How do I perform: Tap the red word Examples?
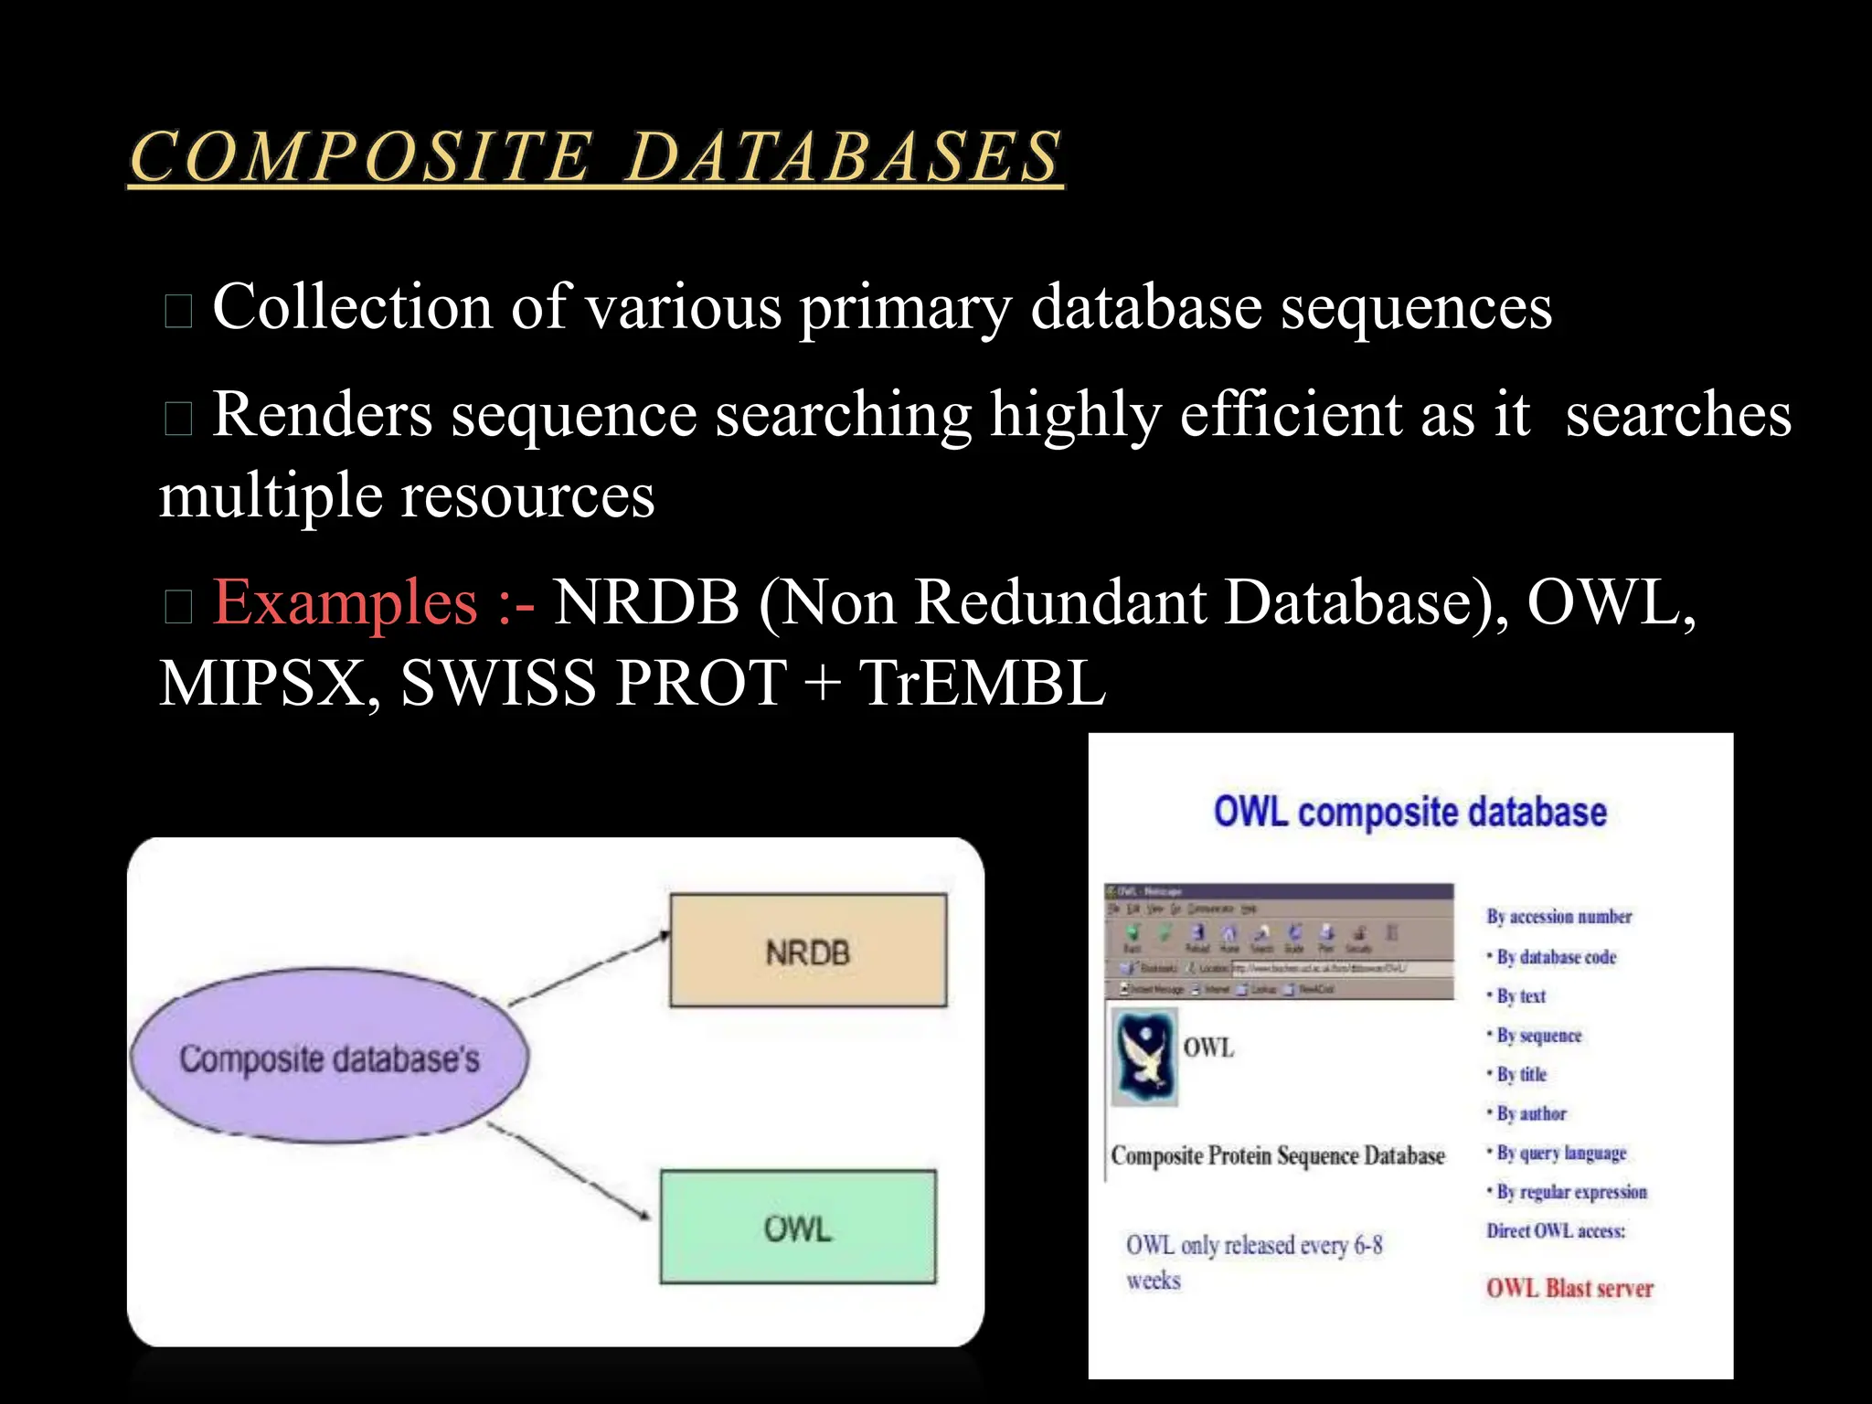pos(346,603)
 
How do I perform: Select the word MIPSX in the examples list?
pos(261,684)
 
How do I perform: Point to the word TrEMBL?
pos(983,684)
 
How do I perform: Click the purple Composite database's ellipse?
pos(329,1058)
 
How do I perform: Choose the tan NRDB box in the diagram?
pos(808,952)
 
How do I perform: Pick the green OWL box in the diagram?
pos(798,1228)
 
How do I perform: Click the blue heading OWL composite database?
pos(1409,812)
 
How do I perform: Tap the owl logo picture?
pos(1145,1058)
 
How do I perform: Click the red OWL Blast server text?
pos(1569,1288)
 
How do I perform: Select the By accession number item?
pos(1558,917)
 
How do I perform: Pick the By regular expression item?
pos(1571,1192)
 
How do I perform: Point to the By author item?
pos(1531,1113)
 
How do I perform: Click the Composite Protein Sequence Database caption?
pos(1278,1156)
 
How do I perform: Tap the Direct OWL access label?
pos(1556,1231)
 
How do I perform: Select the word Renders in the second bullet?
pos(322,415)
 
